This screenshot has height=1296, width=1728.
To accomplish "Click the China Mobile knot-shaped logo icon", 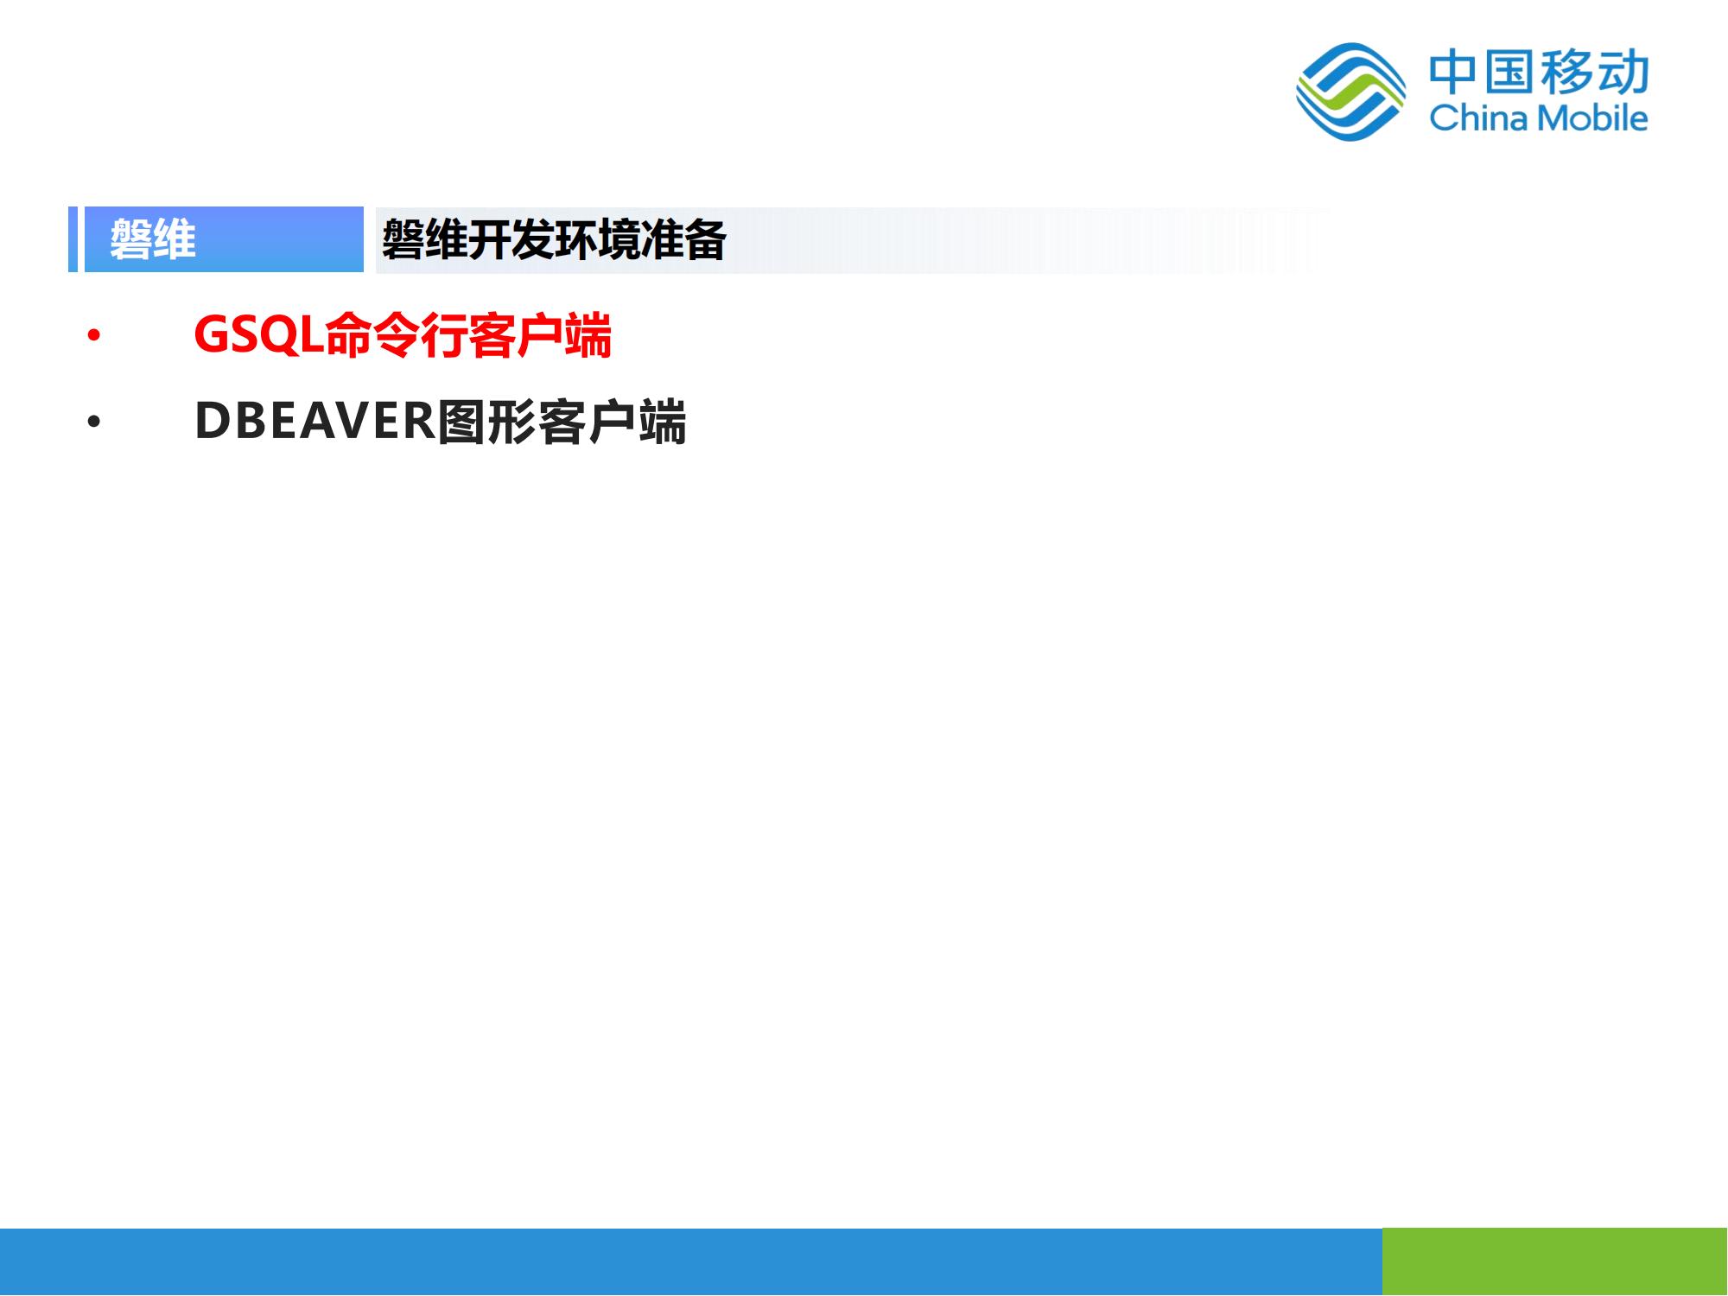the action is [1350, 92].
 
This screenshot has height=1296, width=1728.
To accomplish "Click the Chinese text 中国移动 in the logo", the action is [1539, 73].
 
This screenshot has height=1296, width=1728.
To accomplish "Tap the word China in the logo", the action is [1478, 118].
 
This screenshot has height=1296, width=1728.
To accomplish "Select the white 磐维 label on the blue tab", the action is [153, 239].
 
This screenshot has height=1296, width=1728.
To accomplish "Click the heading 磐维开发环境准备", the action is [554, 239].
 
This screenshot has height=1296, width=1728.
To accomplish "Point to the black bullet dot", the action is [93, 422].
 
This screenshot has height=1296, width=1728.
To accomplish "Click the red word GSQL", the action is [259, 334].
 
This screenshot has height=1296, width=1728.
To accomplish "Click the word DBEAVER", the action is [315, 422].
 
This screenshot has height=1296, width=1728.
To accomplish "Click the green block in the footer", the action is [1555, 1261].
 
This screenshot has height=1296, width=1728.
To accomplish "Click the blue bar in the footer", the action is [691, 1261].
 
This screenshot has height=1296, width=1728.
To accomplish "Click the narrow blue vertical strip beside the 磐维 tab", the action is [73, 239].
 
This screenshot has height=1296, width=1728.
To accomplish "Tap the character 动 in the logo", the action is [1623, 73].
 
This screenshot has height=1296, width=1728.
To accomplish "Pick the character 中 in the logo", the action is [1454, 73].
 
